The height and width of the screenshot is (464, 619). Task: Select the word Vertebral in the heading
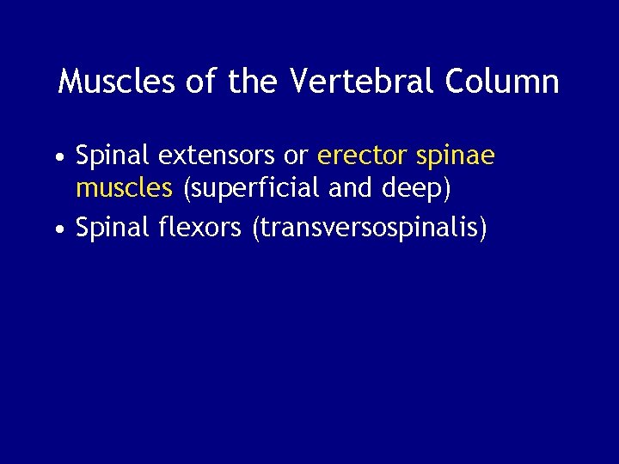point(365,82)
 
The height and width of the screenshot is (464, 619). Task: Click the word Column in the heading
point(502,82)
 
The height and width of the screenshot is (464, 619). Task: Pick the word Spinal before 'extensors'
point(113,156)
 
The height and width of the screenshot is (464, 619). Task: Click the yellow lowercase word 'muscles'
point(124,186)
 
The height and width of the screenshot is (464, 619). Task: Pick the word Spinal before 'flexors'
point(113,229)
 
